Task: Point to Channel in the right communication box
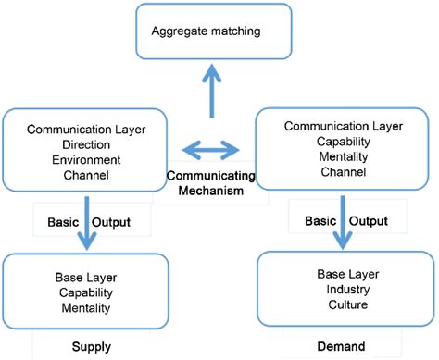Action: click(x=336, y=171)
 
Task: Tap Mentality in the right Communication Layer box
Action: click(x=336, y=157)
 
